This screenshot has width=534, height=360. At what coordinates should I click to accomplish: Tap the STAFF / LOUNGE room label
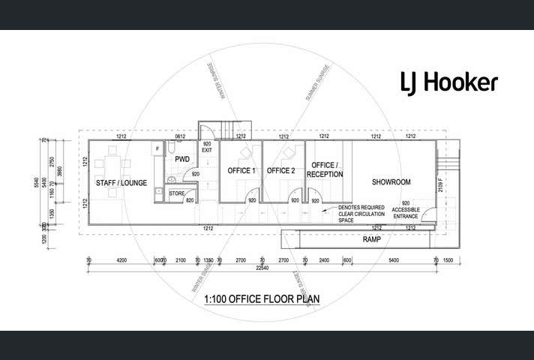[x=121, y=182]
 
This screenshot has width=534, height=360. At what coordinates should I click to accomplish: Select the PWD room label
[x=182, y=159]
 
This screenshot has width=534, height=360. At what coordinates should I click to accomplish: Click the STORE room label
[x=176, y=194]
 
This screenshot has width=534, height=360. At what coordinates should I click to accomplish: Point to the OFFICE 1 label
[x=241, y=171]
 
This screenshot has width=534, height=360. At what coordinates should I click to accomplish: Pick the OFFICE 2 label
[x=281, y=171]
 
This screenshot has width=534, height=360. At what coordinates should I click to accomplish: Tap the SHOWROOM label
[x=391, y=182]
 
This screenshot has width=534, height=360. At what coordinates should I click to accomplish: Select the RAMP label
[x=372, y=239]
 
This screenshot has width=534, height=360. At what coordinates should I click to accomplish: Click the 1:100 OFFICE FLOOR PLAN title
[x=262, y=299]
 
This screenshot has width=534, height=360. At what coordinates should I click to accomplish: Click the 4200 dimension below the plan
[x=121, y=259]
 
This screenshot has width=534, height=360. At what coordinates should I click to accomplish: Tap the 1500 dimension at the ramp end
[x=448, y=259]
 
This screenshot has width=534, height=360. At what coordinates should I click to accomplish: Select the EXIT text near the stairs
[x=207, y=150]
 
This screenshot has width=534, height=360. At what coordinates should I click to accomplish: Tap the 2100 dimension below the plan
[x=180, y=259]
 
